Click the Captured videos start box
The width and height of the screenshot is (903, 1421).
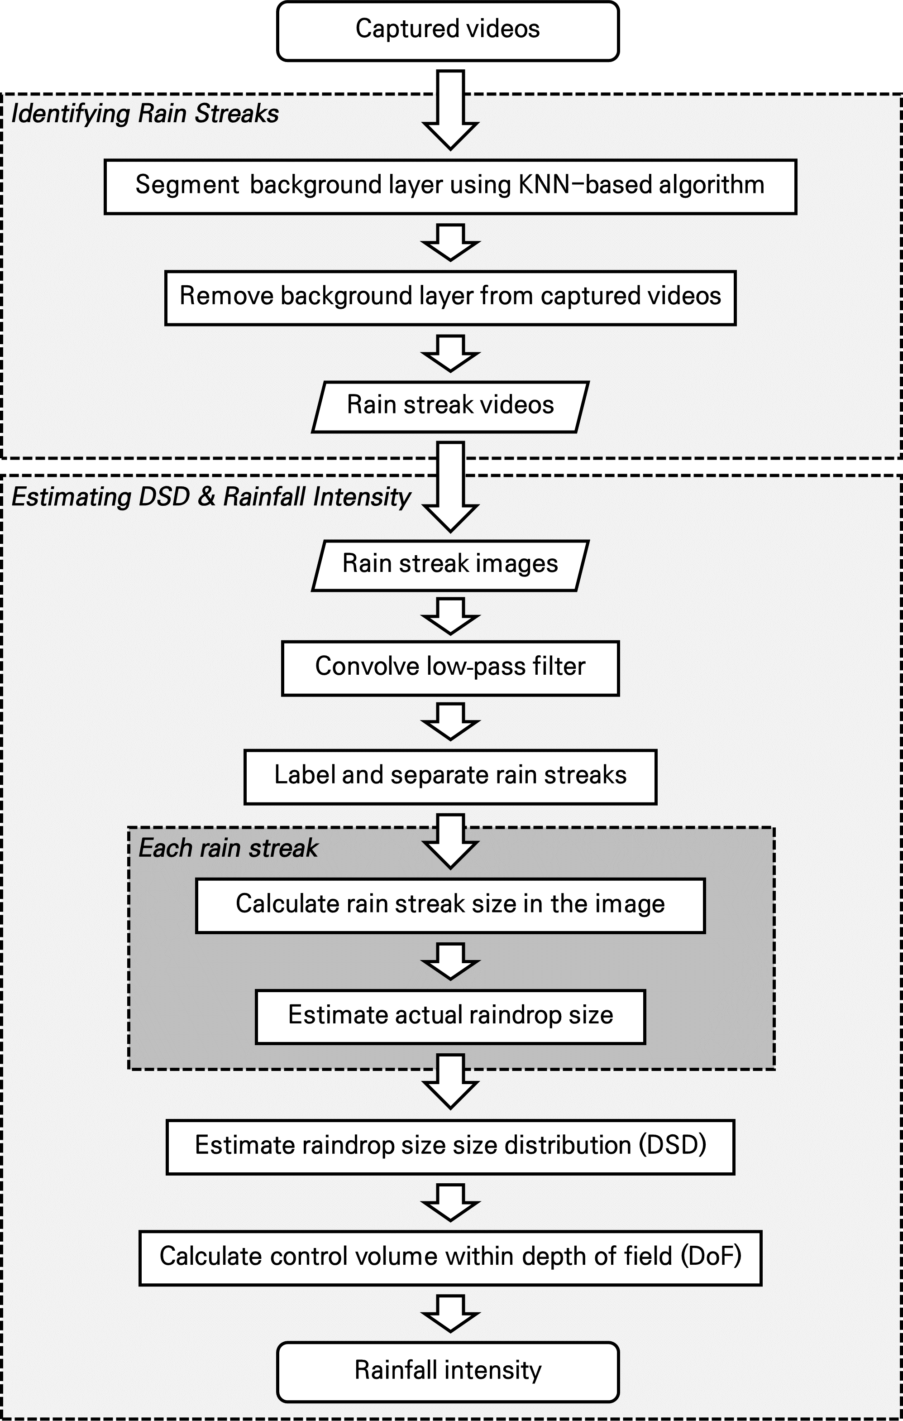pos(448,31)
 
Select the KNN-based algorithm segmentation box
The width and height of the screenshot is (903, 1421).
pos(450,186)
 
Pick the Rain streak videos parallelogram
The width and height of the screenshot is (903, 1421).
pos(450,407)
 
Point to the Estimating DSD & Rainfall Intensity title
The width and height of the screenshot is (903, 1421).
pos(210,497)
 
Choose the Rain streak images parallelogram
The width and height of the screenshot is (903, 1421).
pos(450,565)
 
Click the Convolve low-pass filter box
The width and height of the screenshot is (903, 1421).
pos(450,668)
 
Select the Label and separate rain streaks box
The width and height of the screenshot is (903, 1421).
pos(450,777)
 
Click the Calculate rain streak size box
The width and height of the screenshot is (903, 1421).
pos(450,905)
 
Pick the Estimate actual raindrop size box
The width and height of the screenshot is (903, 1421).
pos(450,1016)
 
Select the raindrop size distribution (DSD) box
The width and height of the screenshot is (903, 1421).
pos(450,1146)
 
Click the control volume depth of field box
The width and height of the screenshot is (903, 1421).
pos(450,1257)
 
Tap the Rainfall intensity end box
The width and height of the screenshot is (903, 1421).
pos(448,1371)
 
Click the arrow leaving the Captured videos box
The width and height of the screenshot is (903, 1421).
pos(450,109)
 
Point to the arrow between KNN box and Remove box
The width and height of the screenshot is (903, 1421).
pos(450,242)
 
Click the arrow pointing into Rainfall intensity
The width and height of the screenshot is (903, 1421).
pos(450,1314)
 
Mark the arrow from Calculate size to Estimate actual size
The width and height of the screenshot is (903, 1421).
pos(450,961)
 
